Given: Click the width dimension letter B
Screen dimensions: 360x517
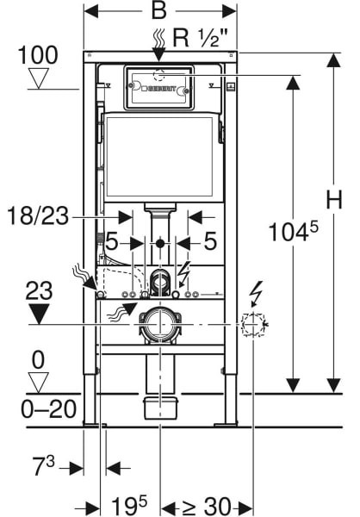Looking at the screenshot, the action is pos(159,11).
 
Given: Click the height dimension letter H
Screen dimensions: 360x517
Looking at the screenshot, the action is pos(334,200).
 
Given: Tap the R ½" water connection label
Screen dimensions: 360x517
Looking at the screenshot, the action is pos(201,38).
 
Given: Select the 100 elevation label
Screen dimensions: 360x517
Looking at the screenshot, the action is pos(38,55).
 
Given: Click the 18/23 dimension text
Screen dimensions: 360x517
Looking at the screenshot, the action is pos(38,216).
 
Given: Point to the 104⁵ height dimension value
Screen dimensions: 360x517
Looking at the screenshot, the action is pos(294,231).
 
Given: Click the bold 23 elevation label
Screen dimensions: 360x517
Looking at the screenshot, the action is pos(39,291).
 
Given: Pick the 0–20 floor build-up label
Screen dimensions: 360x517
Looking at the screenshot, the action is pos(48,409).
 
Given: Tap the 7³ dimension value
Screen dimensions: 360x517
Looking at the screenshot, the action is pos(44,466).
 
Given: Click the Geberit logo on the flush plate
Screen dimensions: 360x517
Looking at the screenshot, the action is pos(159,89).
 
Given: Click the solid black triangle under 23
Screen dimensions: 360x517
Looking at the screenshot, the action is pos(39,314).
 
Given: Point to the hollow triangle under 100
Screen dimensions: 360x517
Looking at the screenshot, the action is pos(39,78).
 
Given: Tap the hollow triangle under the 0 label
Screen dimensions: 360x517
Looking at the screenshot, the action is pos(38,383).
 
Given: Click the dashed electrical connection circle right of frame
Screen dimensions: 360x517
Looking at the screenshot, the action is pos(253,325).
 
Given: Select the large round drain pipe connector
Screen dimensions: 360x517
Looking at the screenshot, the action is pos(160,325).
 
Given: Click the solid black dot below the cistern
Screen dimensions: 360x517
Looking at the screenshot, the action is pos(160,244).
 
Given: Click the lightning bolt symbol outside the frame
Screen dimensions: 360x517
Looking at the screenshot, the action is pos(256,294).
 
